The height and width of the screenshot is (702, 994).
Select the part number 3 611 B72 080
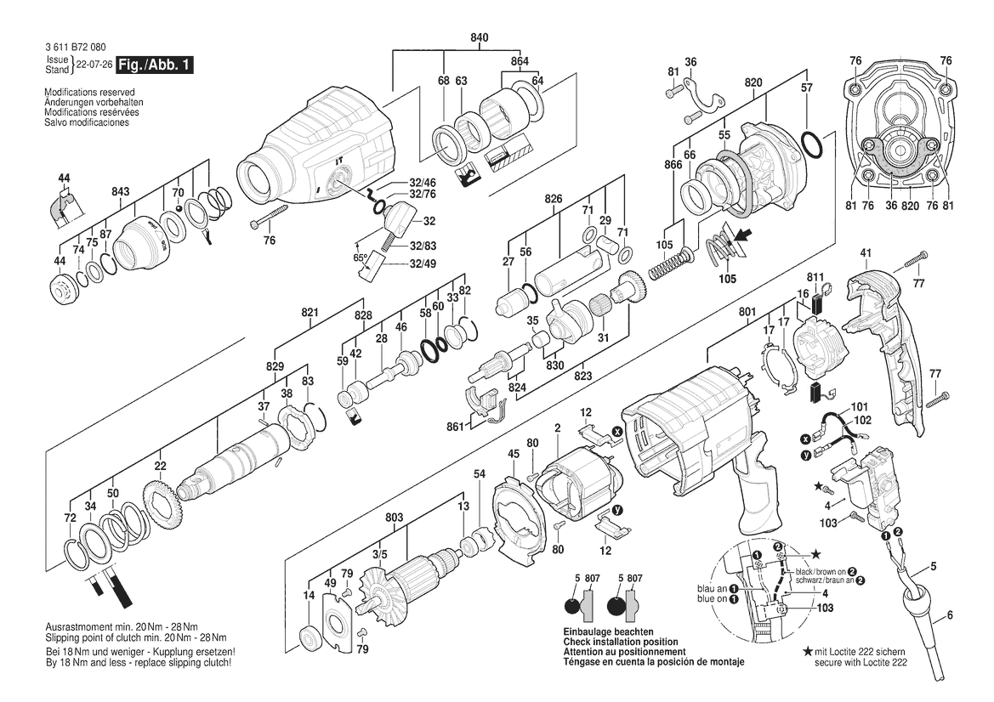pyautogui.click(x=76, y=47)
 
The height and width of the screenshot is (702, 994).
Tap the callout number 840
pyautogui.click(x=480, y=38)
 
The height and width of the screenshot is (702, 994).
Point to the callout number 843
pyautogui.click(x=121, y=191)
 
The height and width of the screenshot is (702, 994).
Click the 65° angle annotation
pyautogui.click(x=360, y=258)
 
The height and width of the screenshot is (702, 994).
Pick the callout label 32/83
pyautogui.click(x=423, y=246)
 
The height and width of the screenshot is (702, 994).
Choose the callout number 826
pyautogui.click(x=554, y=199)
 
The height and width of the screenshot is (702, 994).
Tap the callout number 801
pyautogui.click(x=747, y=312)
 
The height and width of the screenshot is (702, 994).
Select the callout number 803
pyautogui.click(x=395, y=518)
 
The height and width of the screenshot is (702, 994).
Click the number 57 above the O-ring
pyautogui.click(x=806, y=88)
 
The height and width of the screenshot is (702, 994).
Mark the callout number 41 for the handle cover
pyautogui.click(x=866, y=253)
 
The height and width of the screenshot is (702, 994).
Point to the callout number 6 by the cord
pyautogui.click(x=950, y=614)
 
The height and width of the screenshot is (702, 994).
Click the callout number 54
pyautogui.click(x=480, y=474)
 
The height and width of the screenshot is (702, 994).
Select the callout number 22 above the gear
pyautogui.click(x=161, y=467)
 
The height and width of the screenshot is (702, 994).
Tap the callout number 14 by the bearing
pyautogui.click(x=309, y=595)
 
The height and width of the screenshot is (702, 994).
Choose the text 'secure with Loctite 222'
pyautogui.click(x=861, y=662)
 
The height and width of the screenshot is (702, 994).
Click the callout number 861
pyautogui.click(x=455, y=427)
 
